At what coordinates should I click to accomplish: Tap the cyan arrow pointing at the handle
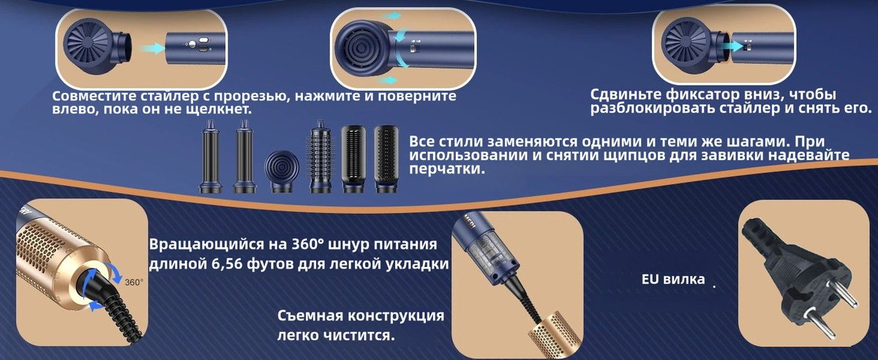pyautogui.click(x=152, y=48)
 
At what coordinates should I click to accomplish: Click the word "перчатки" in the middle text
pyautogui.click(x=445, y=169)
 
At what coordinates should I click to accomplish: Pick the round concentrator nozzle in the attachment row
pyautogui.click(x=282, y=172)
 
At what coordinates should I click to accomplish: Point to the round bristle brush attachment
pyautogui.click(x=320, y=157)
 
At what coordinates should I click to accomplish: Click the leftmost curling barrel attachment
pyautogui.click(x=211, y=156)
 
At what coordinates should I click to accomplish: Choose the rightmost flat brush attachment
pyautogui.click(x=386, y=159)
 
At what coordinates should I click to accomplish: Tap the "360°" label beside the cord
pyautogui.click(x=134, y=282)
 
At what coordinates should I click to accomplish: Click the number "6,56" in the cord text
pyautogui.click(x=227, y=263)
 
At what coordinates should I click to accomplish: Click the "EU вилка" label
pyautogui.click(x=673, y=280)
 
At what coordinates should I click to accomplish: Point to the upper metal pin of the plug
pyautogui.click(x=840, y=292)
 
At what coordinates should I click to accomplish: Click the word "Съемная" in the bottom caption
pyautogui.click(x=309, y=315)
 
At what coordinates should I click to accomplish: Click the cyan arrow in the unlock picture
pyautogui.click(x=732, y=46)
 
